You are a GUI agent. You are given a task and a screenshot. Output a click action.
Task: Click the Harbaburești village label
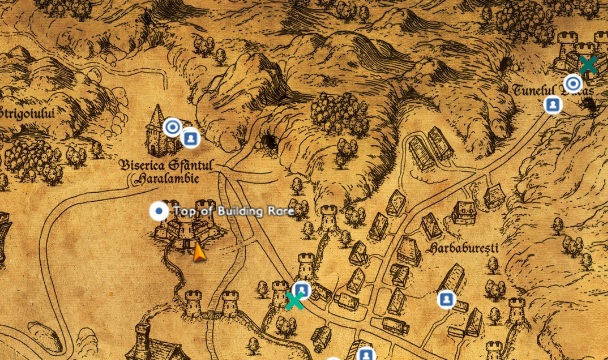[461, 246]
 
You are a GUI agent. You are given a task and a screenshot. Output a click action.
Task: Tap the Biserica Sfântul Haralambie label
[154, 171]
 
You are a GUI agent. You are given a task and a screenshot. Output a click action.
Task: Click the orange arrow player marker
[199, 252]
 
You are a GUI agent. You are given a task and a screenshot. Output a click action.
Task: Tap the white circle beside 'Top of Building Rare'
[158, 210]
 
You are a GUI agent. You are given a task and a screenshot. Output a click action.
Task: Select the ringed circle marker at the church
[172, 127]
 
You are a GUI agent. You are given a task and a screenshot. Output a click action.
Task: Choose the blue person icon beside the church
[190, 138]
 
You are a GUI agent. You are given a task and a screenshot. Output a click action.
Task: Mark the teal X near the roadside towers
[294, 301]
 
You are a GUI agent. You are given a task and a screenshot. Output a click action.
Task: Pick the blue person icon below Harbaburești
[445, 299]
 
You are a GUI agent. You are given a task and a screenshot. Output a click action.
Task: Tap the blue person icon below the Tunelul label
[552, 105]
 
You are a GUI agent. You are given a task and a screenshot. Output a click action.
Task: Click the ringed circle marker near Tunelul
[573, 84]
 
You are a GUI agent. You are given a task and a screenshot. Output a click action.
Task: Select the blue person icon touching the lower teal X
[301, 291]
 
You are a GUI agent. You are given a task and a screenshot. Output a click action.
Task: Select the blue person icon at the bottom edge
[366, 354]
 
